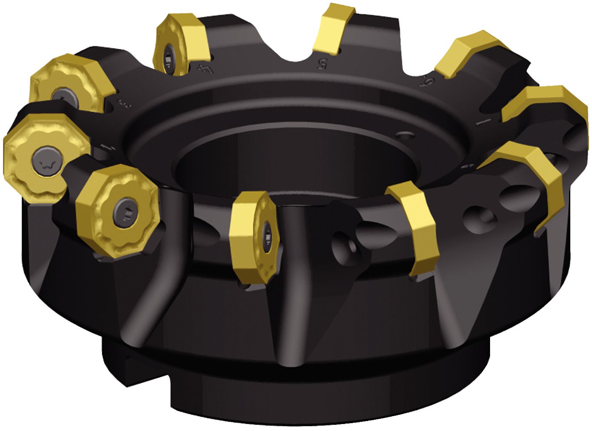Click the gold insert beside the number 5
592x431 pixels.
pos(332,28)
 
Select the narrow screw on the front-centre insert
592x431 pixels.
pos(268,236)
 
